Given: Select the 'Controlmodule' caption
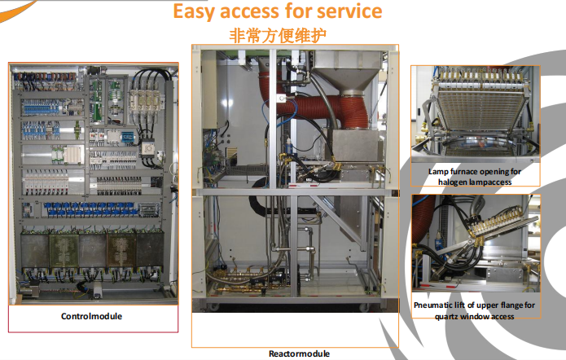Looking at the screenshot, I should coord(91,316).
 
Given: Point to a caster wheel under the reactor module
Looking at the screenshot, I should coord(219,307).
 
